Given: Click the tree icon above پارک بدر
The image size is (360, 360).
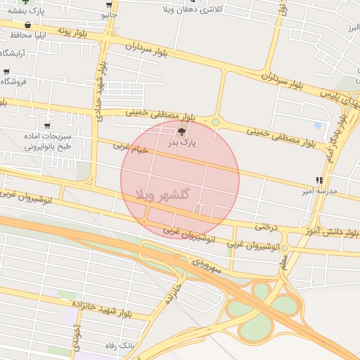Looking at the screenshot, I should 183,131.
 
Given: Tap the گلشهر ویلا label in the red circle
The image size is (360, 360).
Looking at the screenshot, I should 165,195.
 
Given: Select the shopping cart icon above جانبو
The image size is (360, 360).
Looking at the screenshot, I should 109,4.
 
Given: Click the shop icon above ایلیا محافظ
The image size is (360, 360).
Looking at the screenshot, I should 27,25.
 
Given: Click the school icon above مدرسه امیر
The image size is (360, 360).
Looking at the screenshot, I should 320,180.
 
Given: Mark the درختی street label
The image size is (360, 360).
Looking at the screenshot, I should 267,227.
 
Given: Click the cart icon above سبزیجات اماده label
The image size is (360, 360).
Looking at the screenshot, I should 47,126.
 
